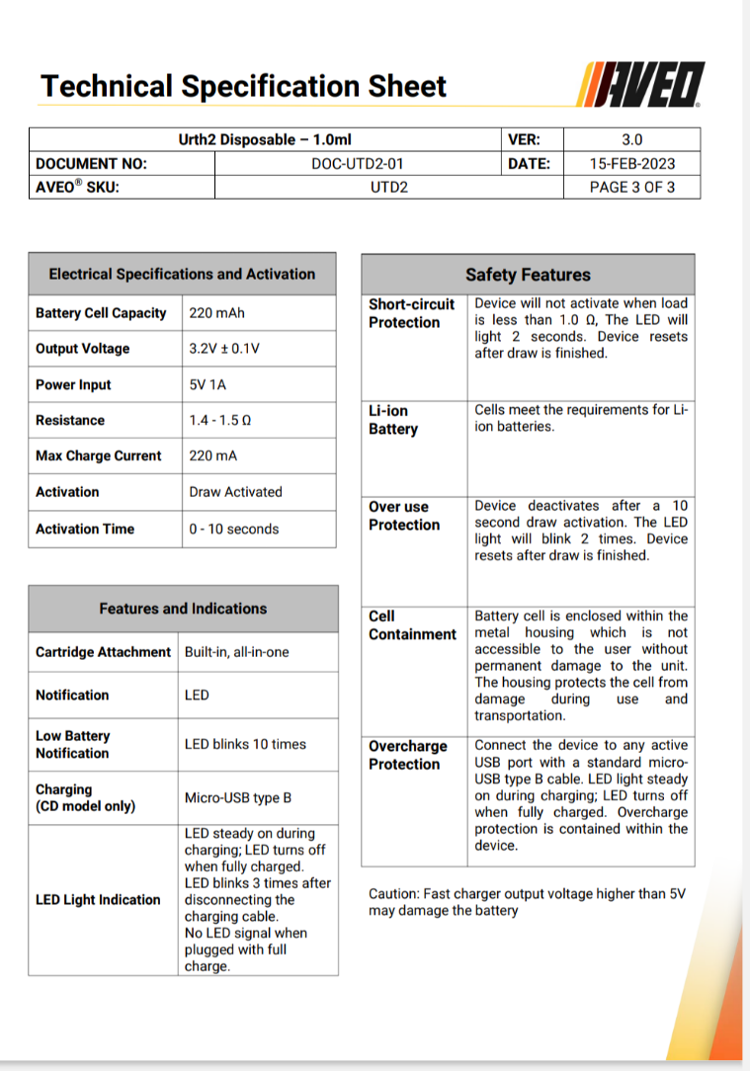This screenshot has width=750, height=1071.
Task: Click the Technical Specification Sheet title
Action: pyautogui.click(x=243, y=86)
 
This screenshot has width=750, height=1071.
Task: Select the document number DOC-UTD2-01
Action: pyautogui.click(x=357, y=163)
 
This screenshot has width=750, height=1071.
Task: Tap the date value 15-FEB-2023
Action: pyautogui.click(x=632, y=163)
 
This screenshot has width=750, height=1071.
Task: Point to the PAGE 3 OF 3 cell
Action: pyautogui.click(x=632, y=187)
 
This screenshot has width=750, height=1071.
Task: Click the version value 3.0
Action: pyautogui.click(x=632, y=139)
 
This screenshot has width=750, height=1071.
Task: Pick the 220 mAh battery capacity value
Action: pyautogui.click(x=217, y=313)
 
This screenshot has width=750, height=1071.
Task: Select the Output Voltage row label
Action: pyautogui.click(x=83, y=349)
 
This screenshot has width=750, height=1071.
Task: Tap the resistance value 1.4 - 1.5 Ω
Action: pyautogui.click(x=220, y=421)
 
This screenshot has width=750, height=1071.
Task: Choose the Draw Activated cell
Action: pyautogui.click(x=235, y=492)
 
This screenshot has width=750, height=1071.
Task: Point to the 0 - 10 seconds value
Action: pyautogui.click(x=234, y=529)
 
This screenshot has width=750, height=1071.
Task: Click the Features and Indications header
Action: pyautogui.click(x=183, y=609)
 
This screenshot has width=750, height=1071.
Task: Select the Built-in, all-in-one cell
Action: pyautogui.click(x=237, y=652)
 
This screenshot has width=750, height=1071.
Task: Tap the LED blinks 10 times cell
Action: pyautogui.click(x=245, y=744)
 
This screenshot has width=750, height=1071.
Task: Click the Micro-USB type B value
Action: pyautogui.click(x=238, y=797)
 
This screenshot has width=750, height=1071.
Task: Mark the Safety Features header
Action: pyautogui.click(x=528, y=275)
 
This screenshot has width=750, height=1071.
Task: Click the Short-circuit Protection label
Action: pyautogui.click(x=411, y=313)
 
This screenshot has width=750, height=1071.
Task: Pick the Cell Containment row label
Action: pyautogui.click(x=412, y=625)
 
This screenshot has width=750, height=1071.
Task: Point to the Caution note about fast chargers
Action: pyautogui.click(x=526, y=901)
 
